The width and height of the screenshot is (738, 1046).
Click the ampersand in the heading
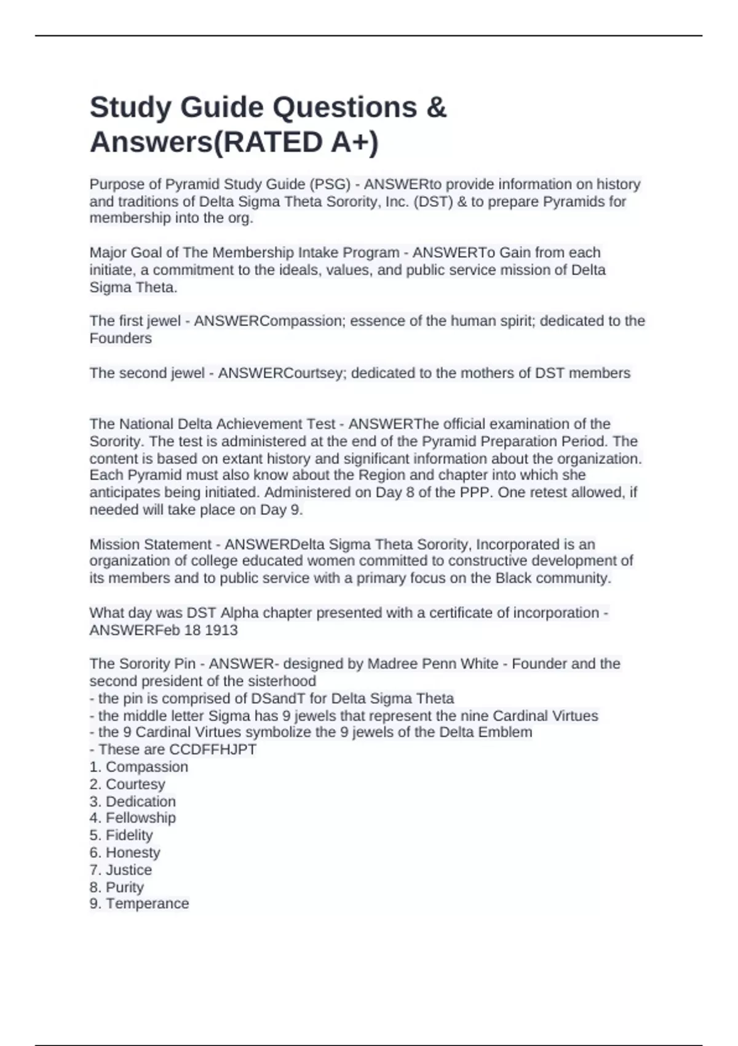coord(435,108)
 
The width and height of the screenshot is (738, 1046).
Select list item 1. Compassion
coord(139,767)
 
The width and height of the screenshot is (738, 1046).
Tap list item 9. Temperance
coord(139,903)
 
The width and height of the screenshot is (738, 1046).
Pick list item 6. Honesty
coord(125,852)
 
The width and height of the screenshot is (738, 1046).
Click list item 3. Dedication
coord(133,801)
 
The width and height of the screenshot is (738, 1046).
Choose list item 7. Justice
coord(121,869)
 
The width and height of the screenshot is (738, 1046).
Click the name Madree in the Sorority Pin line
coord(391,664)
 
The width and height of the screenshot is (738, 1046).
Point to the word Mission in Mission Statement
coord(114,545)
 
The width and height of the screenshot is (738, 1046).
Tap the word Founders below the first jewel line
coord(121,338)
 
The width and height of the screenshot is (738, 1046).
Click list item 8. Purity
coord(117,887)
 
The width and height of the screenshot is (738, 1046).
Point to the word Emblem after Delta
coord(507,732)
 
